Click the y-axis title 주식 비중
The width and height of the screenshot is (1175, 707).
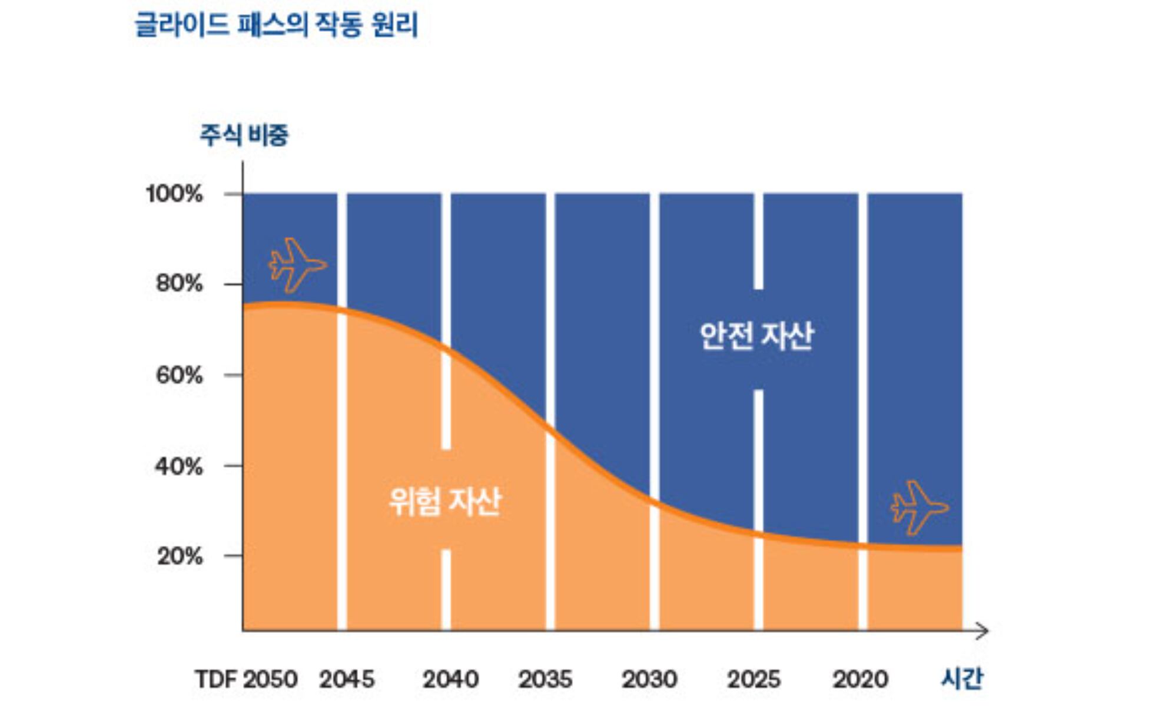coord(244,135)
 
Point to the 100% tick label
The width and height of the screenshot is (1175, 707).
coord(174,194)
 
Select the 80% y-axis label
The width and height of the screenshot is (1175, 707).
coord(179,284)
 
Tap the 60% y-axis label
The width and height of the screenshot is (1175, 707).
coord(179,375)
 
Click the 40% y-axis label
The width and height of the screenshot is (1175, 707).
coord(178,467)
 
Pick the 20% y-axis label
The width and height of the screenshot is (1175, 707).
coord(179,556)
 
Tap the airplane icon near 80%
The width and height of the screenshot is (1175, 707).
coord(296,265)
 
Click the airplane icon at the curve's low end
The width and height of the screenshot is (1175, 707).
coord(918,508)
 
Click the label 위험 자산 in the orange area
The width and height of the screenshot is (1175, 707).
coord(444,502)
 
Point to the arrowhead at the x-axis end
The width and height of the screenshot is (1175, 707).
coord(983,631)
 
